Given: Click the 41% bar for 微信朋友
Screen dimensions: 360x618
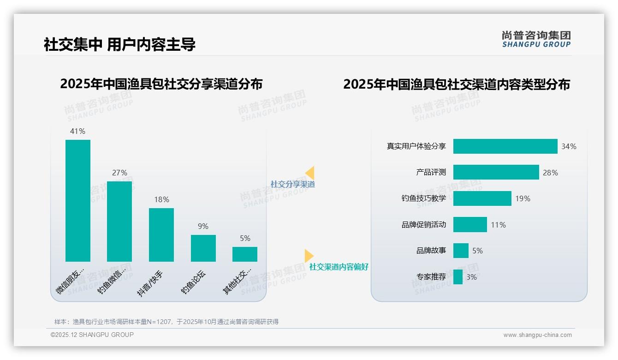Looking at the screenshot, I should (x=78, y=201).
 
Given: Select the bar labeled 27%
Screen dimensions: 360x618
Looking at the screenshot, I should (x=119, y=222).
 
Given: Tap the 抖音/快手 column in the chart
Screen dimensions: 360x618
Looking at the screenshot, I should (x=161, y=235).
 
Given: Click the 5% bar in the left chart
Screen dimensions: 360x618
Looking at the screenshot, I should (x=245, y=254).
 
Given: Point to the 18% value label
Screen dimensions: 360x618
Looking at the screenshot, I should (x=161, y=199).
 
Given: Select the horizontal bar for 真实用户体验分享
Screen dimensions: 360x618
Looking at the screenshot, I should (x=505, y=146).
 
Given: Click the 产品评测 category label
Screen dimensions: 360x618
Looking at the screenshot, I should (x=431, y=172).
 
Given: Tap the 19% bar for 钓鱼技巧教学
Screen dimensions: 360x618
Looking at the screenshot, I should (x=482, y=198).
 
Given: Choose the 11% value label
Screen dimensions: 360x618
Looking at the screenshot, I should (x=498, y=225).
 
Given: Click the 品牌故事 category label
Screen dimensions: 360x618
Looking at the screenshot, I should (x=431, y=251).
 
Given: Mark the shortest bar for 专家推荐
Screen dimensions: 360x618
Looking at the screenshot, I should (x=458, y=277).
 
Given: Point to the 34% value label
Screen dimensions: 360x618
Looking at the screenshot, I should (x=569, y=146).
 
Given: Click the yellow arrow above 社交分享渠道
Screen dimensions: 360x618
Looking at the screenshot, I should (x=310, y=173).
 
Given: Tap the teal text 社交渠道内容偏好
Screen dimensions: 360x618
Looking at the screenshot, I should (x=339, y=267).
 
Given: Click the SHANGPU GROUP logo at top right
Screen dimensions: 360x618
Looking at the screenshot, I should (x=536, y=39).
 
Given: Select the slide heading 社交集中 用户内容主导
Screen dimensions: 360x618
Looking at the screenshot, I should (x=119, y=44).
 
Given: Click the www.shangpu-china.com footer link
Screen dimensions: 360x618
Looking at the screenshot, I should (x=537, y=335).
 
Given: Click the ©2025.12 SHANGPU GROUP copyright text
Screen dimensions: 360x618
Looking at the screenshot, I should (x=92, y=335).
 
